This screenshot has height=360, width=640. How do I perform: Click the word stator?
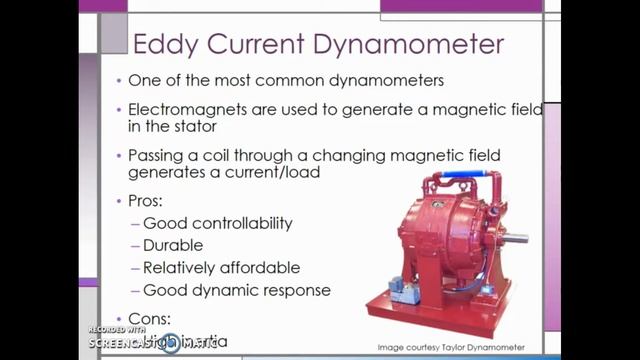tap(203, 127)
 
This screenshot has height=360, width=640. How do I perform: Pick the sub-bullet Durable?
tap(172, 245)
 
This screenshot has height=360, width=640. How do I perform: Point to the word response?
tap(294, 291)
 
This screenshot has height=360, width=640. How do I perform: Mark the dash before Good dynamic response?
tap(135, 291)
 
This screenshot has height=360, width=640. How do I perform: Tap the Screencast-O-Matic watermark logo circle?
tap(171, 344)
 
